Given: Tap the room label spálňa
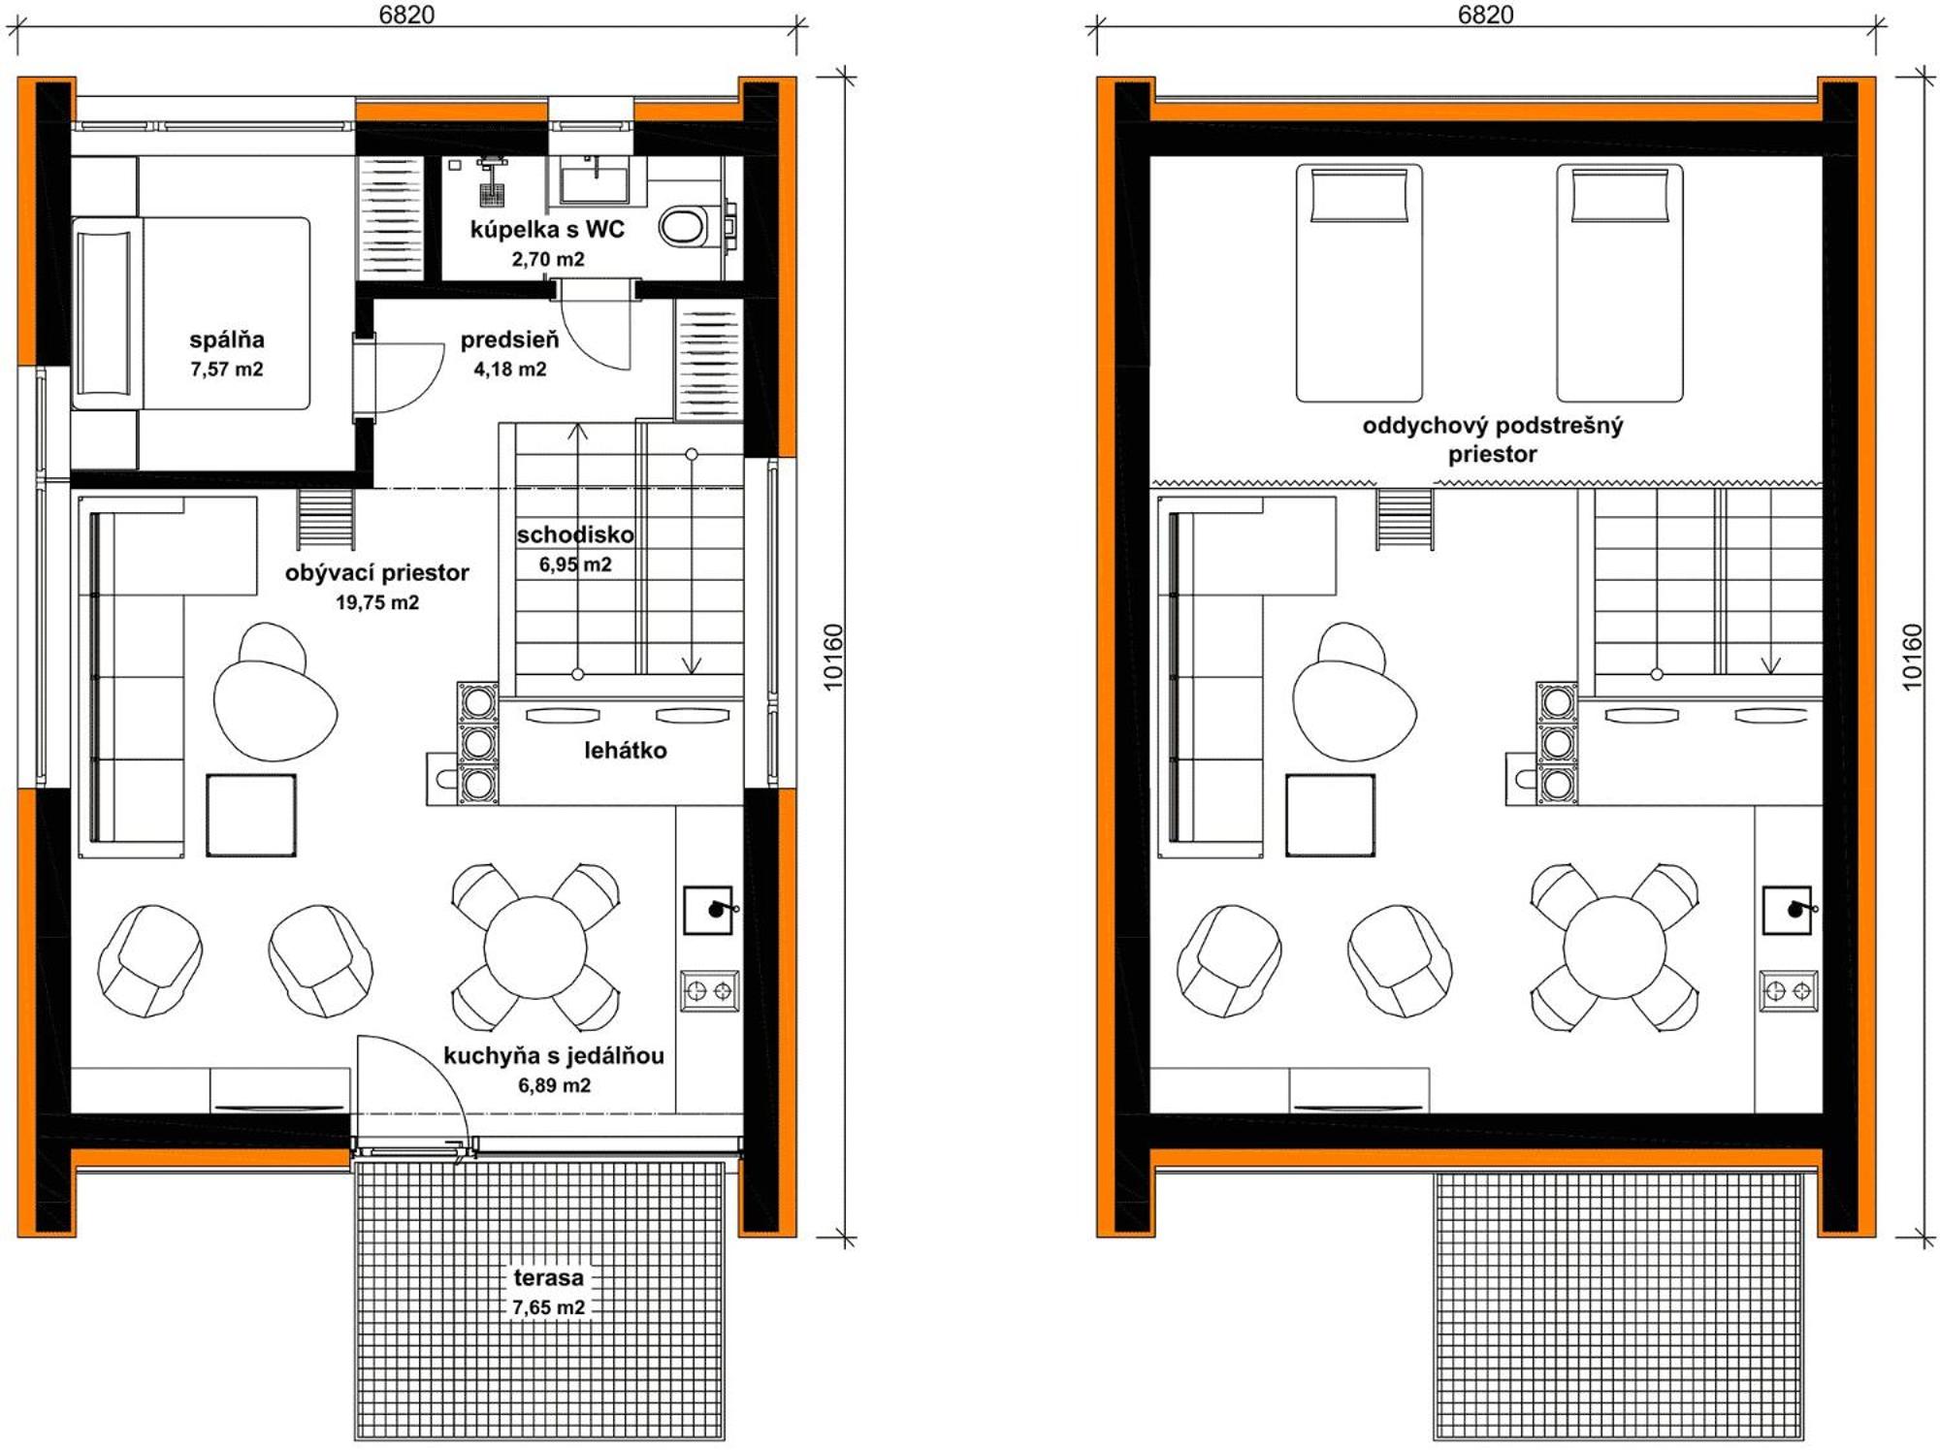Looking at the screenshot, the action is [x=227, y=339].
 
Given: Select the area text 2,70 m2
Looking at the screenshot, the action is [x=548, y=259].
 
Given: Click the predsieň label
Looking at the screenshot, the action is [x=509, y=339].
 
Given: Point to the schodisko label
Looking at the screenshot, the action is [x=575, y=534].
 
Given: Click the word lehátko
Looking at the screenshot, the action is [x=626, y=750].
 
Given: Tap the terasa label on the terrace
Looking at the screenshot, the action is [x=549, y=1277].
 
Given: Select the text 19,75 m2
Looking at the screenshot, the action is [x=377, y=602].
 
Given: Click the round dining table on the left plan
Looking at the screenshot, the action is [x=535, y=948].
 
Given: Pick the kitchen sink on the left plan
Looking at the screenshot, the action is [x=708, y=910].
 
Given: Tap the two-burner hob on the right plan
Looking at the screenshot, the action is [x=1789, y=991].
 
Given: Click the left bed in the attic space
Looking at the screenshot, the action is [x=1359, y=282].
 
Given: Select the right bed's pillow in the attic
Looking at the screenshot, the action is [x=1620, y=196].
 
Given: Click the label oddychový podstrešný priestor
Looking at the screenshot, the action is [x=1493, y=439].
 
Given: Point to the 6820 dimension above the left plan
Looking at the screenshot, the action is [x=407, y=15].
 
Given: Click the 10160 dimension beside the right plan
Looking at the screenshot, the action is [x=1911, y=657].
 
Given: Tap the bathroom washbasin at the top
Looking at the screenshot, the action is [x=595, y=179].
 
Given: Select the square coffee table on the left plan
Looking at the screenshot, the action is [x=251, y=815].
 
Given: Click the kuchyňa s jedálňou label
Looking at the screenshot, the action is [x=554, y=1055].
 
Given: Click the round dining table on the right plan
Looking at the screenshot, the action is [x=1615, y=948].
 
